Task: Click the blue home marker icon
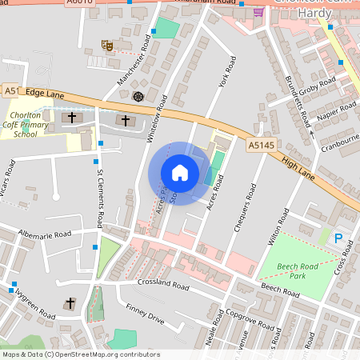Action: click(180, 173)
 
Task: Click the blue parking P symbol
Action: click(338, 238)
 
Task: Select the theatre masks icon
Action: click(107, 46)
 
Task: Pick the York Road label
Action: click(226, 71)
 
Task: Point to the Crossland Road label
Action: click(162, 286)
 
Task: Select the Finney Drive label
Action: click(144, 314)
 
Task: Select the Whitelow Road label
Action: click(157, 118)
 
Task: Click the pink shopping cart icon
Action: click(258, 12)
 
